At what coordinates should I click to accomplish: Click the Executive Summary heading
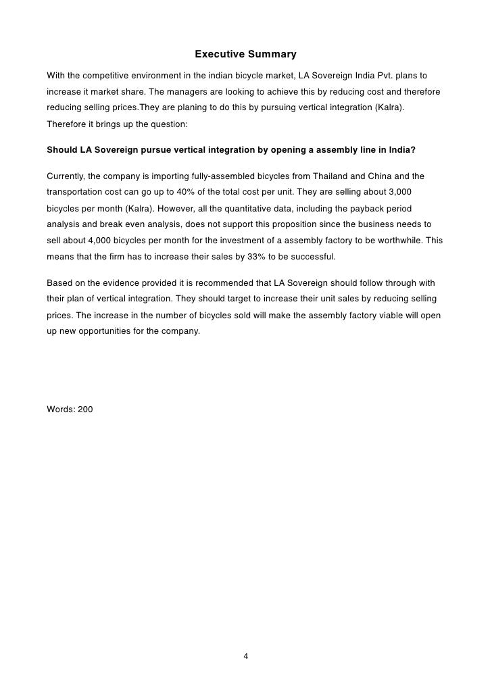click(245, 53)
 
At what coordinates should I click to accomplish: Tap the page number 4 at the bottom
click(246, 655)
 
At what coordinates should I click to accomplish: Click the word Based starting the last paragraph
click(59, 282)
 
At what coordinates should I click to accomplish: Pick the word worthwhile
click(410, 241)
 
